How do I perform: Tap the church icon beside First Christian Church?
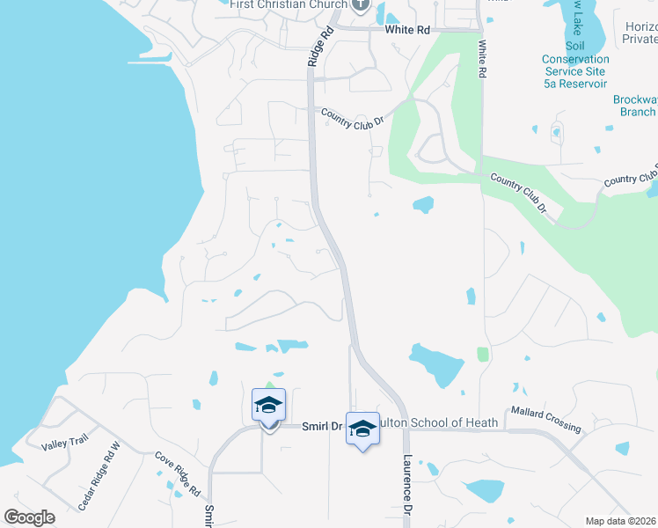[360, 5]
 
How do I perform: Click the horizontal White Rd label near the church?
[407, 30]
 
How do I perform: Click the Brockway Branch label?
[634, 106]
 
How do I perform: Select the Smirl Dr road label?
[321, 425]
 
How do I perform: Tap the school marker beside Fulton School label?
[362, 429]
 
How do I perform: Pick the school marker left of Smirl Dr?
[268, 405]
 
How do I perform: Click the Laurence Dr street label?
[407, 485]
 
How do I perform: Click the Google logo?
[29, 517]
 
